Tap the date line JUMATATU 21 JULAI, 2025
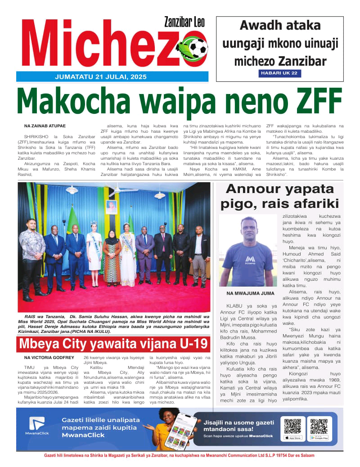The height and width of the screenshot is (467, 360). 100,76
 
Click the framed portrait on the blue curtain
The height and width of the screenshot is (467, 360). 111,207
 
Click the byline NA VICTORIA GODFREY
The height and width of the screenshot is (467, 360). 49,358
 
